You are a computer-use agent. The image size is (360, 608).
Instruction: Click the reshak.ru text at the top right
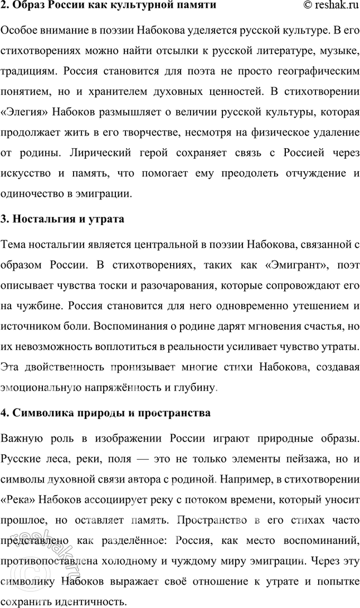(332, 6)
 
